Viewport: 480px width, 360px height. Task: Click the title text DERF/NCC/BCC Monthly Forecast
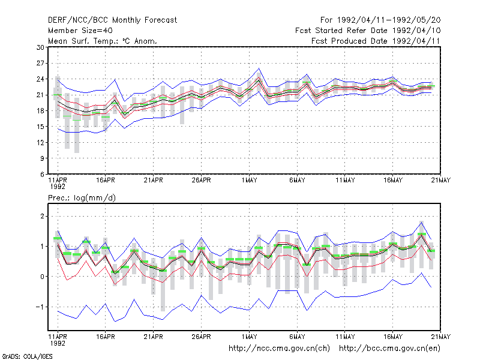tap(112, 20)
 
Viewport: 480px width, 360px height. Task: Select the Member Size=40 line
tap(80, 31)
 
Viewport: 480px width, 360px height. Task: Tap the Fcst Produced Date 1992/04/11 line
tap(376, 41)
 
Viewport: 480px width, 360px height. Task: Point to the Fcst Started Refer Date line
tap(368, 31)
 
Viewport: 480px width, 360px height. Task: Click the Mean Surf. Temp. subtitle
tap(103, 41)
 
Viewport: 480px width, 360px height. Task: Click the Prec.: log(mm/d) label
tap(82, 198)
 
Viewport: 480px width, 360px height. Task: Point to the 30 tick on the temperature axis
tap(40, 47)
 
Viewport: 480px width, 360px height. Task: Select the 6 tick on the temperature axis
tap(42, 175)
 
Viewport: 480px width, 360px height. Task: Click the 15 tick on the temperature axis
tap(40, 127)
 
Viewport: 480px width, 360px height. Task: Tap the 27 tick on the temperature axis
tap(40, 64)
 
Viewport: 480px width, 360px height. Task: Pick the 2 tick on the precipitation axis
tap(42, 217)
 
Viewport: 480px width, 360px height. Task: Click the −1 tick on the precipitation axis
tap(40, 307)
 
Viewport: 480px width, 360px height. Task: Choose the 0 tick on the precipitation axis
tap(42, 277)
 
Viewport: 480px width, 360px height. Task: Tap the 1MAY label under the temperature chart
tap(249, 181)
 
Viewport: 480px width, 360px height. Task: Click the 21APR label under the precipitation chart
tap(154, 337)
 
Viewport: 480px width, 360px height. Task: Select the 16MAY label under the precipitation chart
tap(393, 337)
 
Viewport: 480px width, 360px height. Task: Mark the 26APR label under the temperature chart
tap(202, 181)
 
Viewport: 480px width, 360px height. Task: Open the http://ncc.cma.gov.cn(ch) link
tap(279, 349)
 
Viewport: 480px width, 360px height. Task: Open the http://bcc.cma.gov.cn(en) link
tap(389, 349)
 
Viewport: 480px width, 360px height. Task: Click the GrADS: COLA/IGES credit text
tap(27, 356)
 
